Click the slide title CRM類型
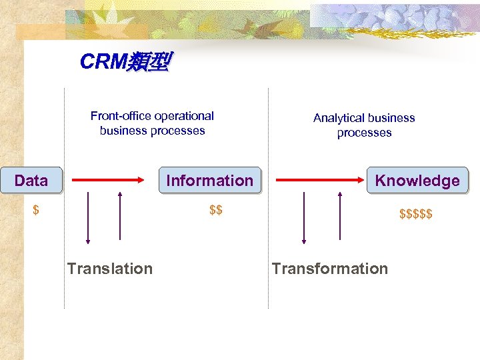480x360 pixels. click(125, 62)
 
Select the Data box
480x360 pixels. click(31, 180)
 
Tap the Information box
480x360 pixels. click(209, 180)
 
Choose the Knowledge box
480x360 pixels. click(417, 180)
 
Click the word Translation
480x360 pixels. click(110, 269)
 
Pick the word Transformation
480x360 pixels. click(329, 269)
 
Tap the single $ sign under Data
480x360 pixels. click(36, 211)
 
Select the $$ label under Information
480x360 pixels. click(215, 211)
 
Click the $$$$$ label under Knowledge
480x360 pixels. click(416, 214)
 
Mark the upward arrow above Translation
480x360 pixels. click(120, 216)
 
